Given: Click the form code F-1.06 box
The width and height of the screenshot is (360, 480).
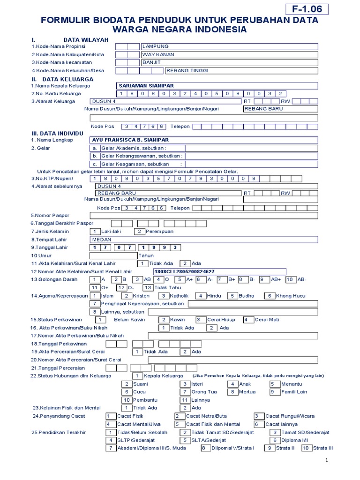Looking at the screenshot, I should (x=307, y=9).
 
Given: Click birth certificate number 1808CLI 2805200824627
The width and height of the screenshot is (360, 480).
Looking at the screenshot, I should (x=184, y=271).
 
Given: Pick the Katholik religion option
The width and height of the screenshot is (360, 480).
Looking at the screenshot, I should (x=179, y=296).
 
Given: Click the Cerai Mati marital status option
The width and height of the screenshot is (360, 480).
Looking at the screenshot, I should (x=267, y=320).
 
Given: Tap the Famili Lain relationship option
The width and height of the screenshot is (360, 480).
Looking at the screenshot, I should (x=294, y=392).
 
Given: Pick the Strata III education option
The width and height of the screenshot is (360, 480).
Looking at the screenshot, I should (x=322, y=448).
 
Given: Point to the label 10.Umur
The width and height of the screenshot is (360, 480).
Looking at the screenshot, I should (x=42, y=255).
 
